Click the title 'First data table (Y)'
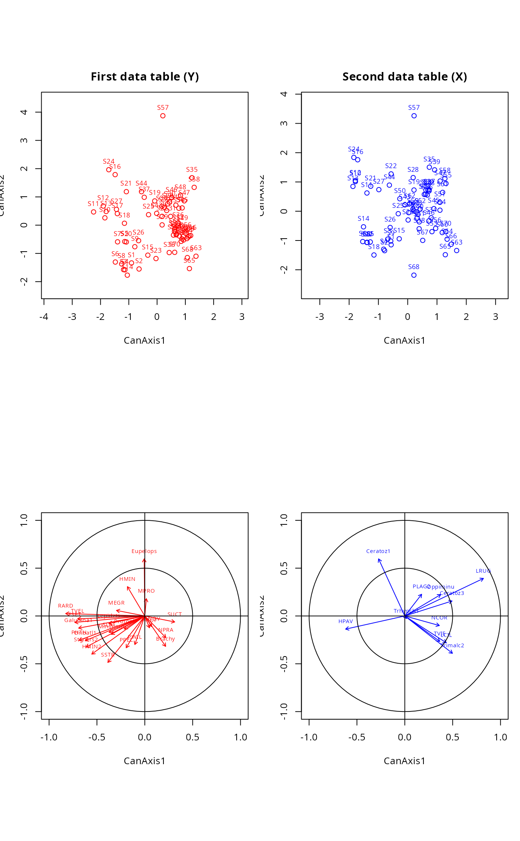click(145, 77)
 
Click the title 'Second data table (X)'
click(404, 77)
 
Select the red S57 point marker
click(163, 116)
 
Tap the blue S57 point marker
click(414, 116)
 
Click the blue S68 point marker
click(414, 275)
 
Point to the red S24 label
click(108, 161)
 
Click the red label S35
click(192, 170)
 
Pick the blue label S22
click(391, 166)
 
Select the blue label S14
click(363, 219)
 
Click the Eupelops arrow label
click(144, 551)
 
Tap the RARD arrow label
click(65, 606)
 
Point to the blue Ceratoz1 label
click(378, 551)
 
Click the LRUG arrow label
click(483, 571)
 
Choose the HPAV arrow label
click(345, 621)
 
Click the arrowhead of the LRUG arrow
click(484, 579)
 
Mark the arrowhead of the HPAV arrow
click(346, 629)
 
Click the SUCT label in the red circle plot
click(175, 614)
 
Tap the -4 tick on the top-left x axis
click(44, 317)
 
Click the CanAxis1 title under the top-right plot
click(404, 340)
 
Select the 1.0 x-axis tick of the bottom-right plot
click(500, 737)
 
